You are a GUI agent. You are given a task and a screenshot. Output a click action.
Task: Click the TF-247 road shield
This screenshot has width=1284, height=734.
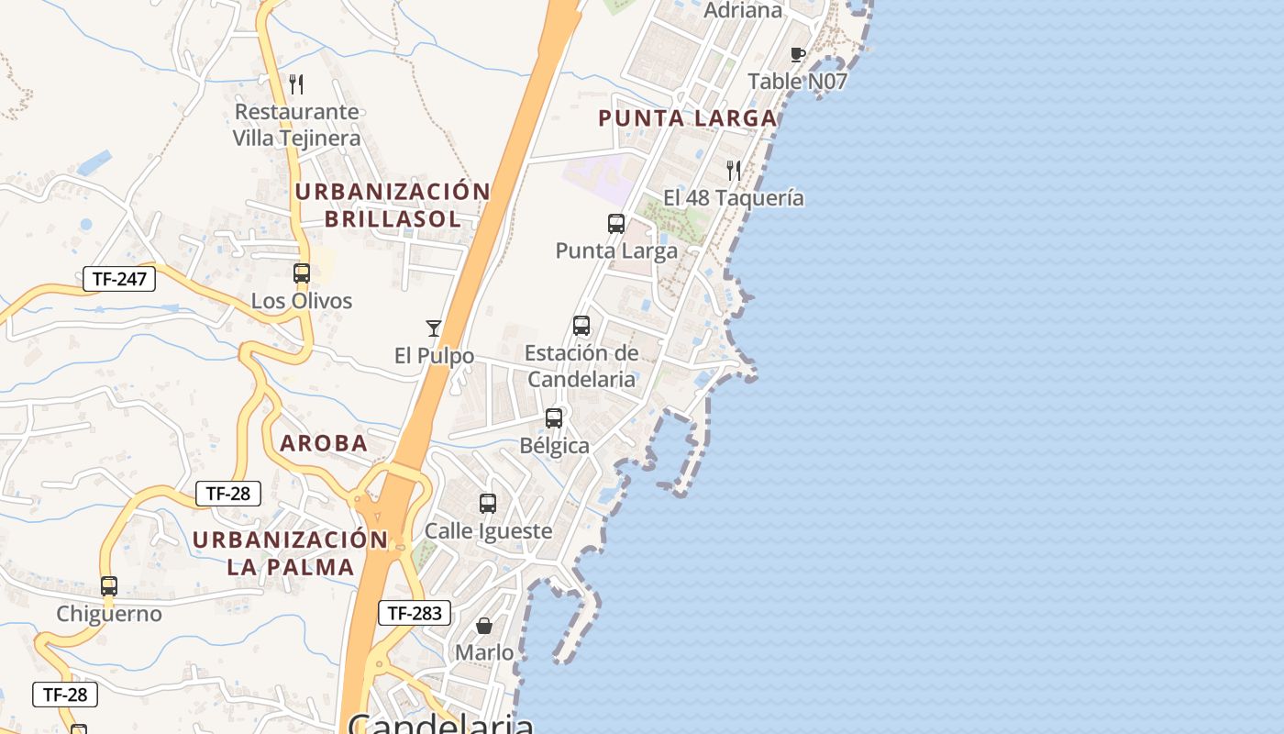click(x=119, y=279)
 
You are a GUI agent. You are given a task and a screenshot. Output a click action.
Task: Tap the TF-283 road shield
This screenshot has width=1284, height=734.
click(x=415, y=613)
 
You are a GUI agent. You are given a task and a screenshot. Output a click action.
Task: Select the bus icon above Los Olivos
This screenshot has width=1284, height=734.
click(x=302, y=273)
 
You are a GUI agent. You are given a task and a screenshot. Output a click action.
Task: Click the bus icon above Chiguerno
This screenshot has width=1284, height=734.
click(x=109, y=586)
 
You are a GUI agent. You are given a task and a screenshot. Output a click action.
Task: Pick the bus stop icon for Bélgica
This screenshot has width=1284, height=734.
click(x=554, y=418)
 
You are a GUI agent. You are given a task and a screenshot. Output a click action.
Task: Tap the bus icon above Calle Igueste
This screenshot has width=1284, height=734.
click(x=488, y=504)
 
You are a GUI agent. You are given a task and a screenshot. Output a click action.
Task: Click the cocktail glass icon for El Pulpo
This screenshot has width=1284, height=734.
click(x=434, y=328)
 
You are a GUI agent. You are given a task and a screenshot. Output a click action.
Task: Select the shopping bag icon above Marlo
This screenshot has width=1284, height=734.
click(x=484, y=626)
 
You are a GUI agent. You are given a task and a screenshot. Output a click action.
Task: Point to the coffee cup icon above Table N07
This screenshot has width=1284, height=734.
click(x=798, y=54)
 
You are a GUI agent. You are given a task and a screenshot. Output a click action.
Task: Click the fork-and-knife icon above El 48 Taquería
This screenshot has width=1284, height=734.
click(x=734, y=171)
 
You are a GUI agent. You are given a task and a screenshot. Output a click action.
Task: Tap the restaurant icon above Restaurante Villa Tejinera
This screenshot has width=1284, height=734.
click(x=296, y=84)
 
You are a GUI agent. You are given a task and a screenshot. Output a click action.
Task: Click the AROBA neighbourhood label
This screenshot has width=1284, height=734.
click(x=324, y=443)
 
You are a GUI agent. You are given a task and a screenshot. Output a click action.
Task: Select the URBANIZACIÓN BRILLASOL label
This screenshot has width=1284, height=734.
click(x=393, y=205)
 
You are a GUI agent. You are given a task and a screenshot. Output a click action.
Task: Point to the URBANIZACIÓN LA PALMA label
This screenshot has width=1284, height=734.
click(x=291, y=552)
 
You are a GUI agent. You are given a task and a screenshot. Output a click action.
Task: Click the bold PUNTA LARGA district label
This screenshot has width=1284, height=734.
click(x=688, y=118)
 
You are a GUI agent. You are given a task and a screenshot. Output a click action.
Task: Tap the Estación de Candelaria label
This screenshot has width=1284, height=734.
click(x=581, y=366)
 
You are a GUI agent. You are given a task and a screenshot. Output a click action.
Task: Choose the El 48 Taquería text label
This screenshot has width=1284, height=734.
click(x=734, y=198)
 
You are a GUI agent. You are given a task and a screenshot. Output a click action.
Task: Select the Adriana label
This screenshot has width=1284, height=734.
click(x=743, y=11)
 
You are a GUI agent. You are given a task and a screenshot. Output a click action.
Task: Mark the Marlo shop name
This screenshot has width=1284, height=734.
click(x=484, y=652)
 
